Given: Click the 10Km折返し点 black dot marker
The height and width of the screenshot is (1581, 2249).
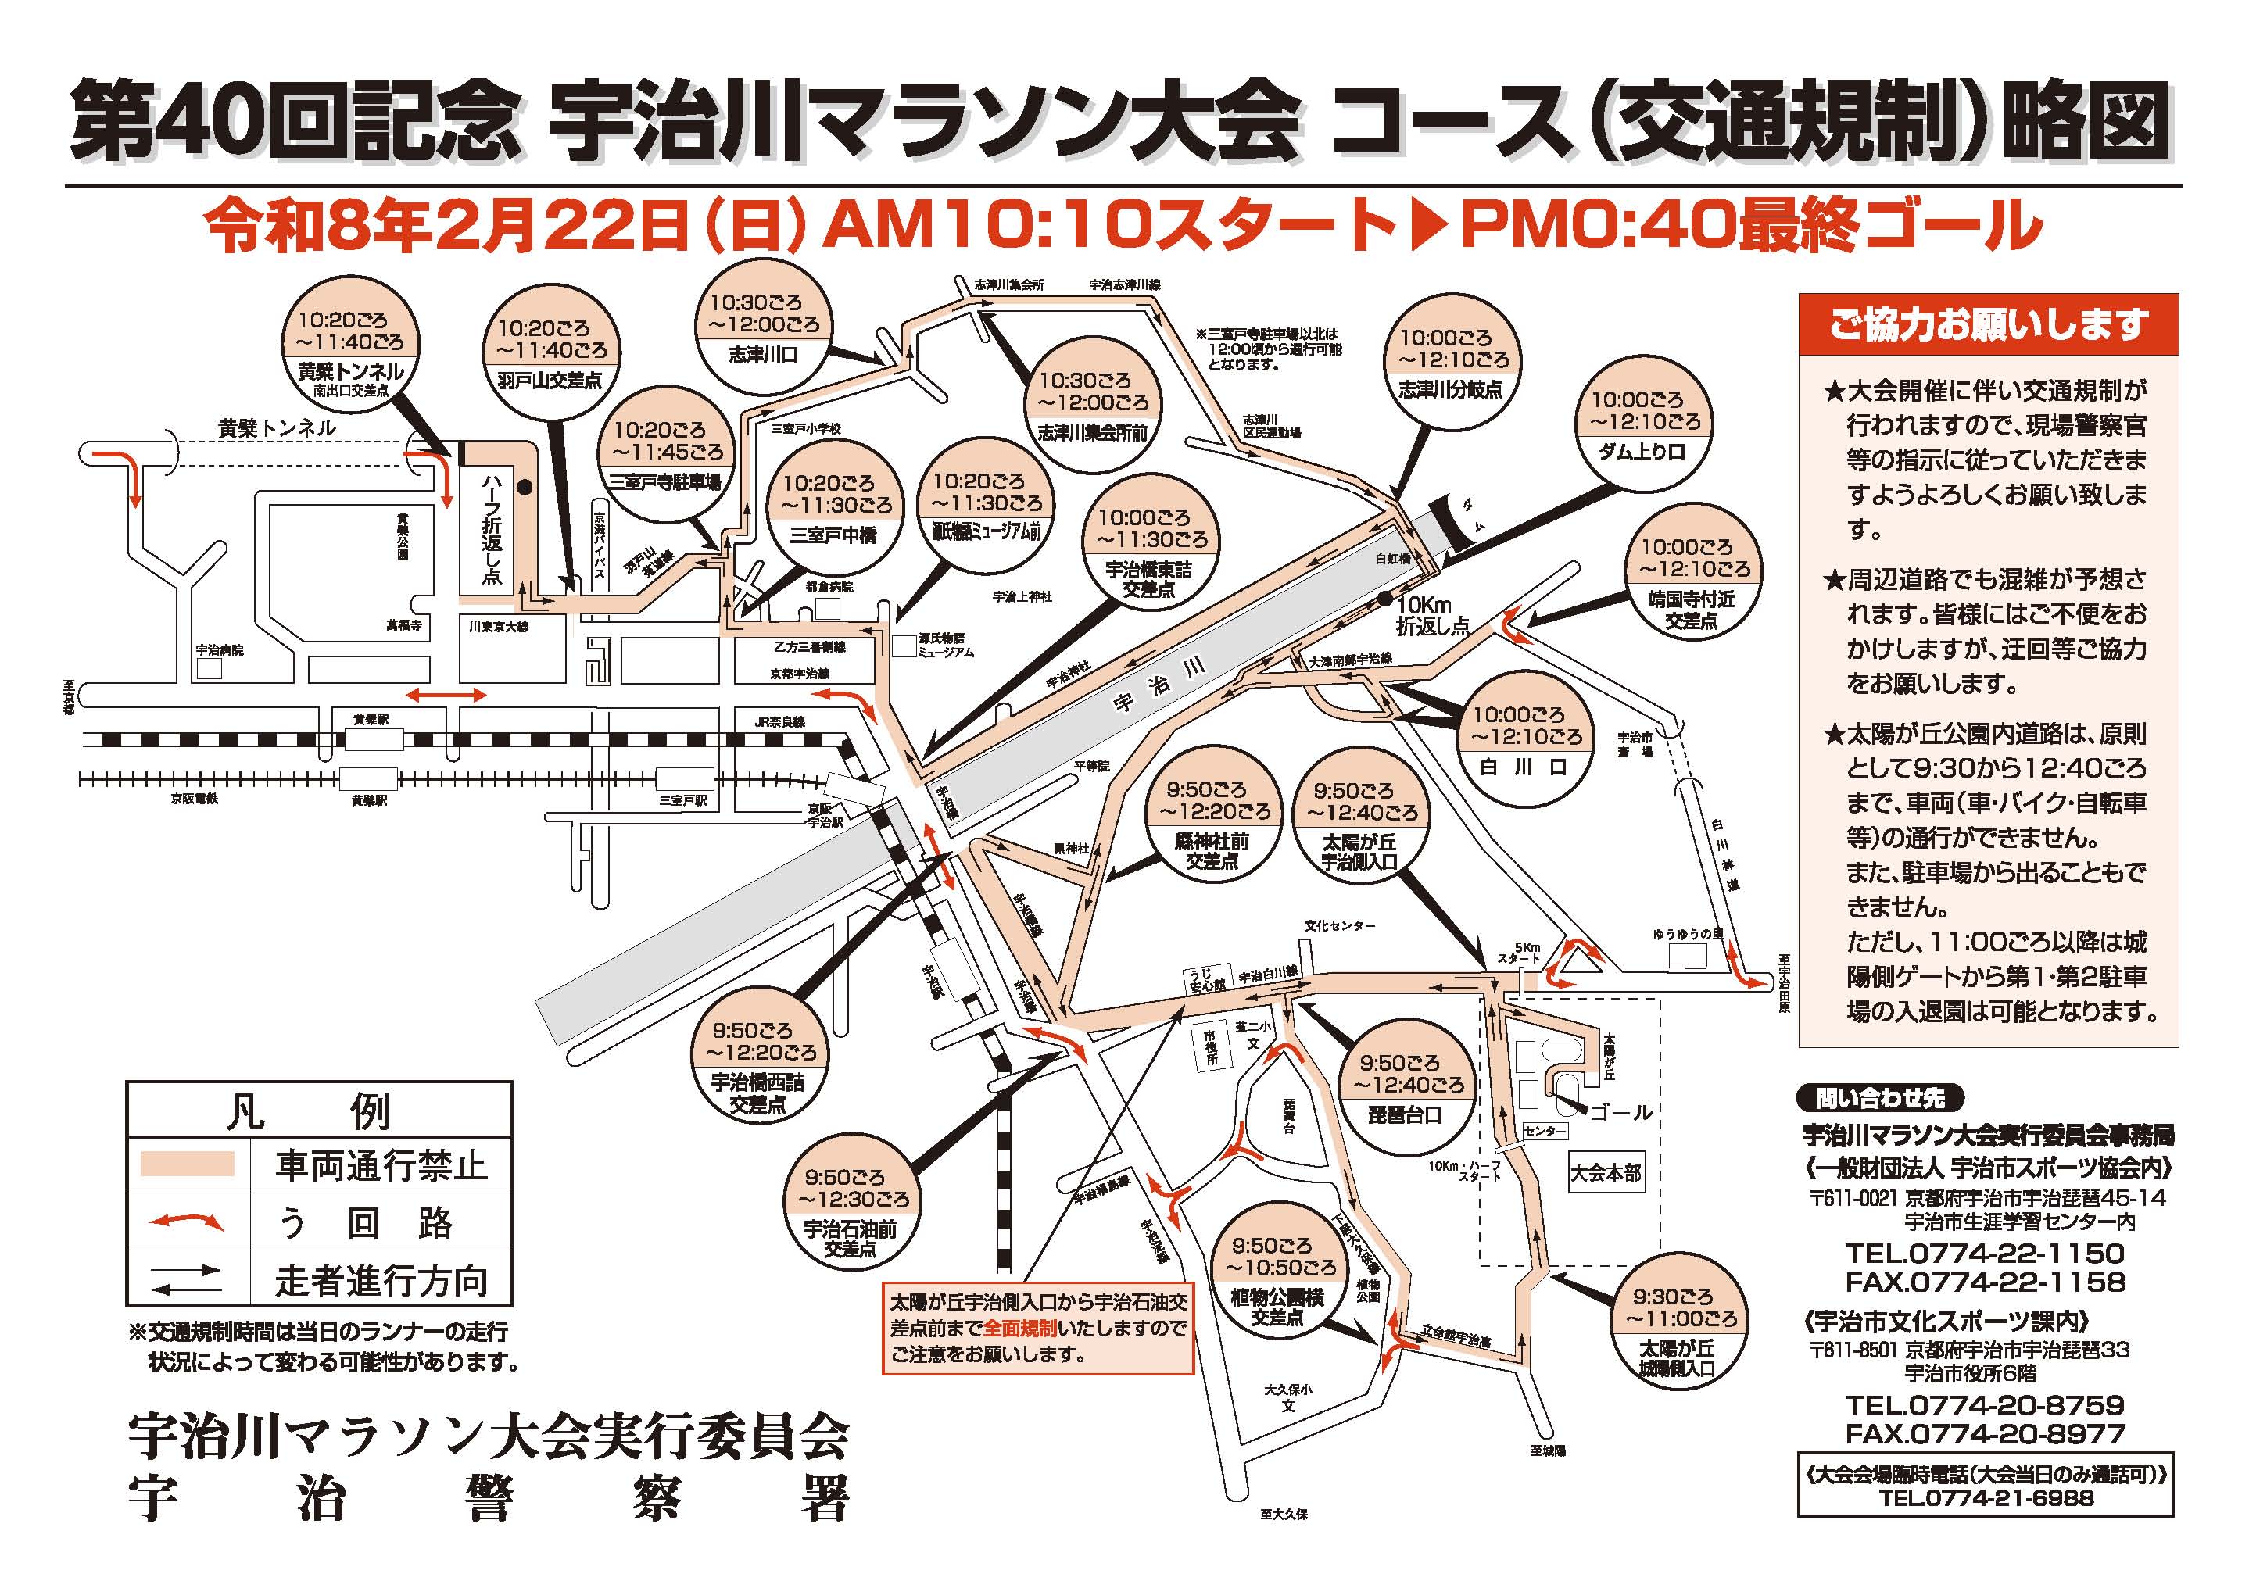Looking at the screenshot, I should click(x=1384, y=598).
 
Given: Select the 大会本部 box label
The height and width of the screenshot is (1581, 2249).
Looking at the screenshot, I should click(x=1606, y=1172).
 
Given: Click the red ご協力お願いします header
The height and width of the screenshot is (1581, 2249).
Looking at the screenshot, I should click(x=1989, y=324).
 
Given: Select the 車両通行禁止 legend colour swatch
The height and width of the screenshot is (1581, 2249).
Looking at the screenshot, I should click(x=187, y=1164).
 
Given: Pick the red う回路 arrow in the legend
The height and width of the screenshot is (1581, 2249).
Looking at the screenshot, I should click(x=186, y=1222).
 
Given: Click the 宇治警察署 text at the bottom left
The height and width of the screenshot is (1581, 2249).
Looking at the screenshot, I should click(x=488, y=1500).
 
